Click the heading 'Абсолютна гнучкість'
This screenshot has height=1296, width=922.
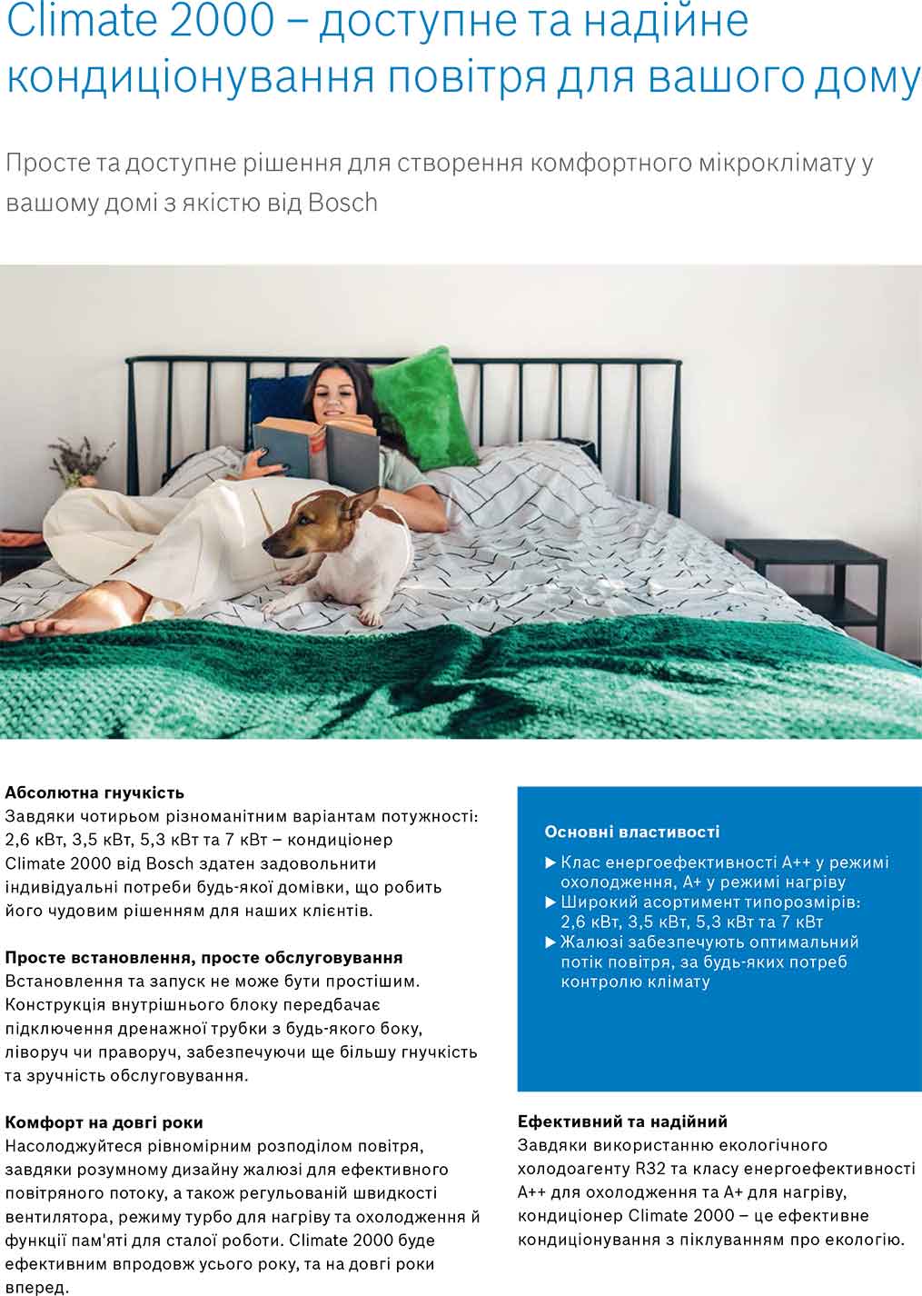(x=94, y=792)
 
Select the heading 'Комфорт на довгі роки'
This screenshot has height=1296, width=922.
(x=104, y=1122)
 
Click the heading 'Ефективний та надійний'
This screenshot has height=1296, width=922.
(x=622, y=1122)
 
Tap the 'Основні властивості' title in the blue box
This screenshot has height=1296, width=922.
(x=631, y=831)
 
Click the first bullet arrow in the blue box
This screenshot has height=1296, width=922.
(x=550, y=862)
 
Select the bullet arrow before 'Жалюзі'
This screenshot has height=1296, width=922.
(x=550, y=942)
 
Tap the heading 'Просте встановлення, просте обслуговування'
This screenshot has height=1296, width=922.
(x=203, y=957)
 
